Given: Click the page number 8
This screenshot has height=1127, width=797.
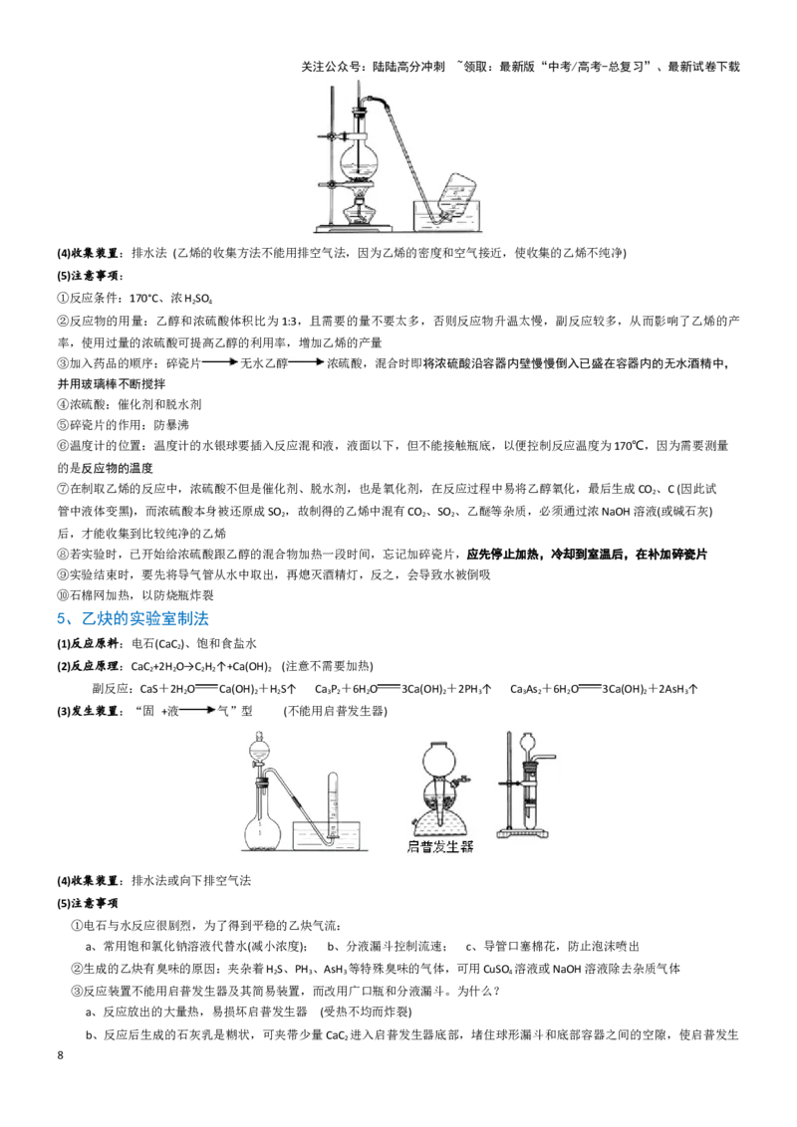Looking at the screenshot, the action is (x=61, y=1055).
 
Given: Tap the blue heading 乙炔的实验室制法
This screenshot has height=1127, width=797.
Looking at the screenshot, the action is (x=145, y=619).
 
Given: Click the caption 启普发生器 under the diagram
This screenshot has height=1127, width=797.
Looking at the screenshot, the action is (x=440, y=846).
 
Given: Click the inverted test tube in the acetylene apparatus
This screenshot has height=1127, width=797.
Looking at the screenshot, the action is (x=333, y=803).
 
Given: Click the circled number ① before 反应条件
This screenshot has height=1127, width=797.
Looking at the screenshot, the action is (x=64, y=299).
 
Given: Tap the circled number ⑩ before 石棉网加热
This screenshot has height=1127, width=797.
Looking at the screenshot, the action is (x=64, y=595).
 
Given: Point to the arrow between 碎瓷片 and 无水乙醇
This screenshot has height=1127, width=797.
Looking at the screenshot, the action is (x=219, y=363).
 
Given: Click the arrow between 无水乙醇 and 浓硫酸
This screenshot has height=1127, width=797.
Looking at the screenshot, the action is (x=307, y=363).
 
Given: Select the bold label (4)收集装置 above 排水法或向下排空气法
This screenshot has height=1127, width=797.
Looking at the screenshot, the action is (x=88, y=880).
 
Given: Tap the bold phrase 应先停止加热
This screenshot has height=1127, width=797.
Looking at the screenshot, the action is (x=503, y=555).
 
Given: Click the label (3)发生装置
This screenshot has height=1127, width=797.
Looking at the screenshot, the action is (x=88, y=711).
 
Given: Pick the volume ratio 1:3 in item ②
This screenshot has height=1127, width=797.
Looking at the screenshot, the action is (x=290, y=321).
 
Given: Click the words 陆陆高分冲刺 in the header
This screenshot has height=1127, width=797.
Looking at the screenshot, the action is (x=408, y=67).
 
